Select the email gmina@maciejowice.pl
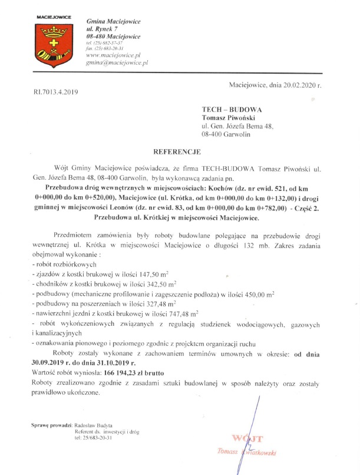(117, 61)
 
